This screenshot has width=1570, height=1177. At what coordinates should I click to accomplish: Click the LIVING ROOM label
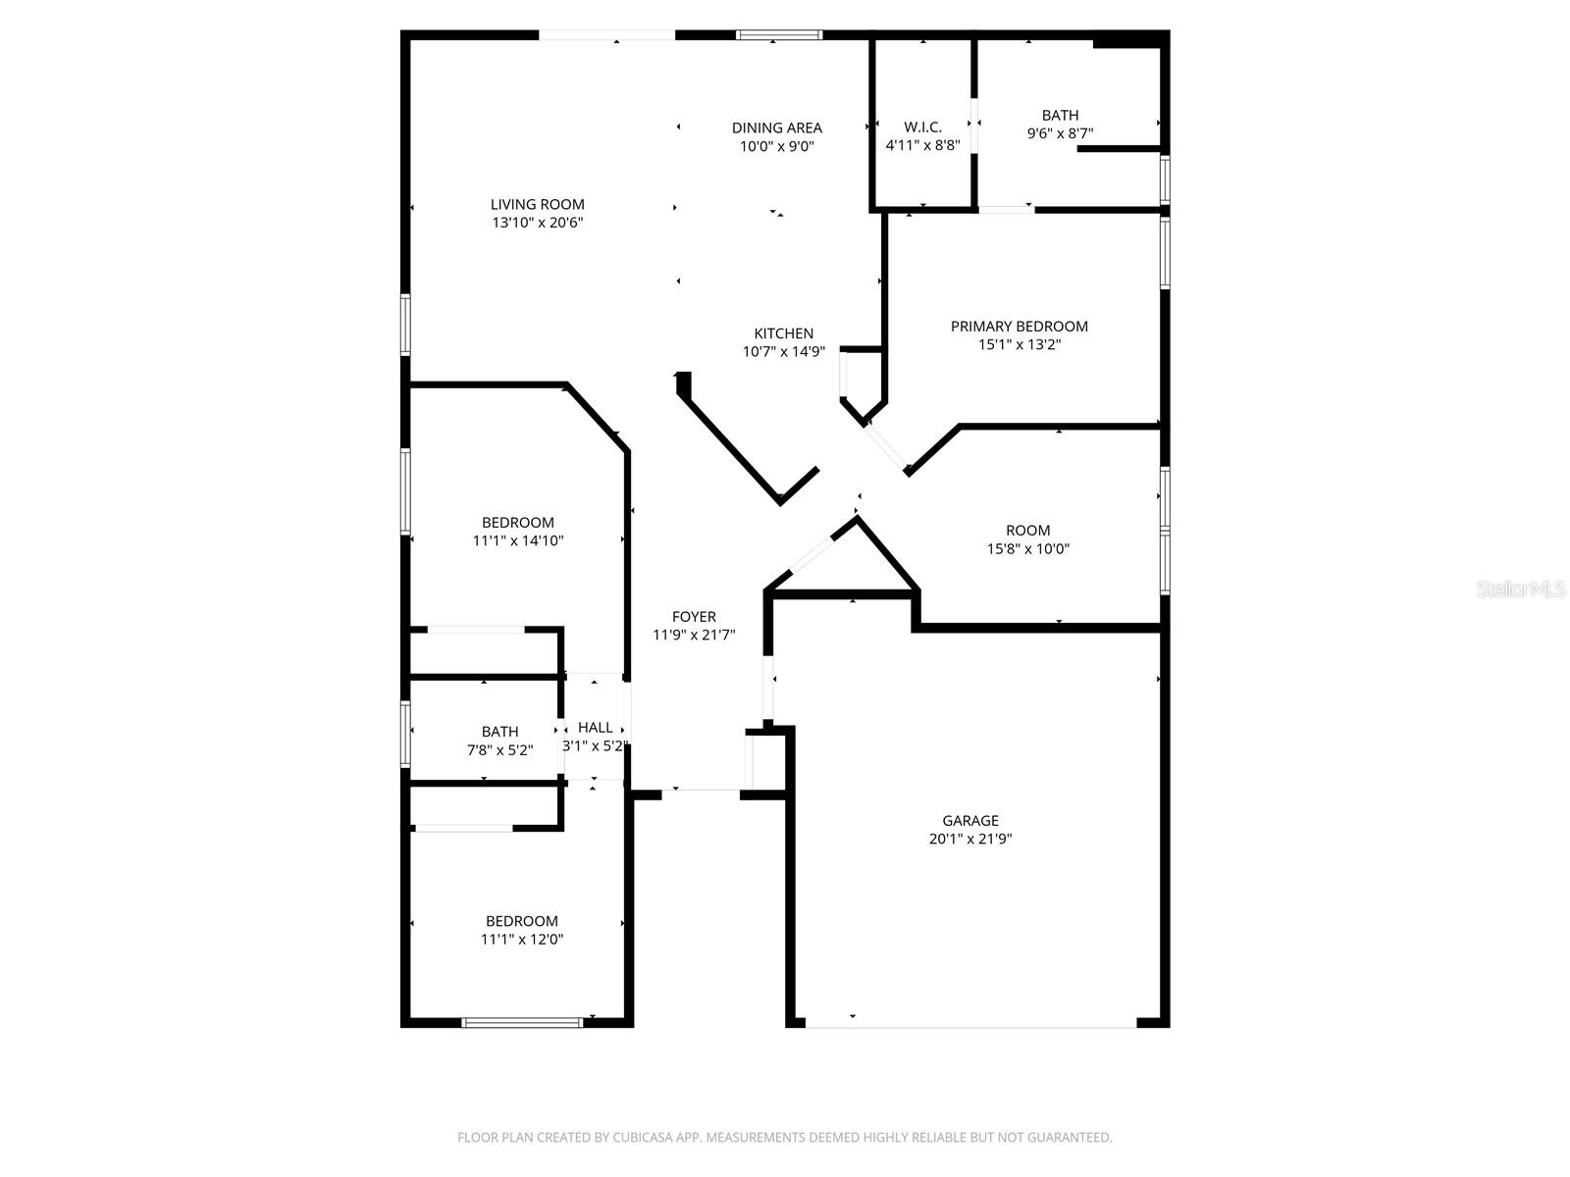[537, 204]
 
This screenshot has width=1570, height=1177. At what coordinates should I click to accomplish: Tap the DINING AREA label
[776, 128]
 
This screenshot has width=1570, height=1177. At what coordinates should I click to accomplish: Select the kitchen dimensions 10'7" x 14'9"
[783, 352]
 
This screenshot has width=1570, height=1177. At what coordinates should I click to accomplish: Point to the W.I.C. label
[922, 128]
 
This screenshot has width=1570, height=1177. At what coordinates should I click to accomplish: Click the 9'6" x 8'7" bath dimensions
[1060, 133]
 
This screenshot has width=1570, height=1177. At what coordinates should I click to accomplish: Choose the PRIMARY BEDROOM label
[1019, 326]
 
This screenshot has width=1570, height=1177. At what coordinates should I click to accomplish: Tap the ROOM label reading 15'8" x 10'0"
[1027, 531]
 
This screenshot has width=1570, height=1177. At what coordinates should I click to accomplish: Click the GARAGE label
[970, 821]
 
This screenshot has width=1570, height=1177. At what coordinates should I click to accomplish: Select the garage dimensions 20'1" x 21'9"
[970, 840]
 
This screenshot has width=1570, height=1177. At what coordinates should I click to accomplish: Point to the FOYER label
[694, 617]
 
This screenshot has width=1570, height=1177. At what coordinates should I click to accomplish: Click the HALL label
[595, 728]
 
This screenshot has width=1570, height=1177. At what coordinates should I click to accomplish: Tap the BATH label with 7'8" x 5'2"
[499, 732]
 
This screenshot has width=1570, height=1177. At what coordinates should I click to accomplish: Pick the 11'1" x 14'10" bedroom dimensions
[518, 540]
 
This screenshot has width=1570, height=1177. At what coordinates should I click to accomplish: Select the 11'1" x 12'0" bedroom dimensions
[522, 940]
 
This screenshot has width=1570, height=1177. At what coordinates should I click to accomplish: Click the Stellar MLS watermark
[1521, 589]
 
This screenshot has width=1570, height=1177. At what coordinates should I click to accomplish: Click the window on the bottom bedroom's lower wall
[522, 1023]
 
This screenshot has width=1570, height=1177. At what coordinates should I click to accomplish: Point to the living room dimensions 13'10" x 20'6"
[538, 223]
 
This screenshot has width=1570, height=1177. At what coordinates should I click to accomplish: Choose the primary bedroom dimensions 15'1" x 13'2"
[1019, 344]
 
